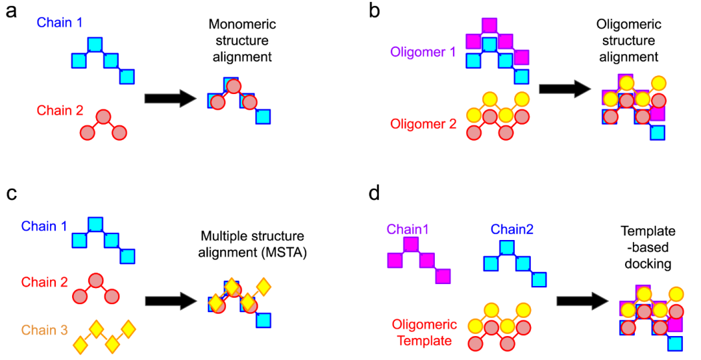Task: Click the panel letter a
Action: (11, 12)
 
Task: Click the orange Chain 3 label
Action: (44, 330)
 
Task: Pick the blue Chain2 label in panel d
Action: (511, 229)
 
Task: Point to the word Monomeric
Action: (242, 25)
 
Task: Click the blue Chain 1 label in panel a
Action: (59, 23)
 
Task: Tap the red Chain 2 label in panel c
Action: (45, 282)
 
